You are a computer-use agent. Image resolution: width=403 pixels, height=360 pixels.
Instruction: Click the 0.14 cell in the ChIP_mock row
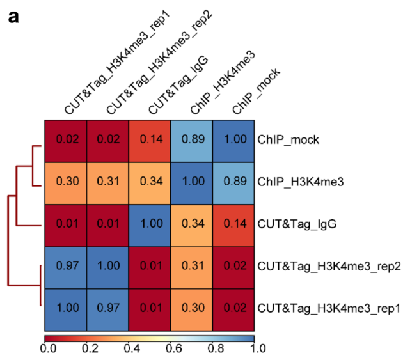click(150, 139)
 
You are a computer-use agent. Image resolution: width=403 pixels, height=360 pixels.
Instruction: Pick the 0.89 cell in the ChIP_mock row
click(192, 139)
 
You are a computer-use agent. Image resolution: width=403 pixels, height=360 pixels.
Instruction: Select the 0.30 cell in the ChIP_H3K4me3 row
click(65, 182)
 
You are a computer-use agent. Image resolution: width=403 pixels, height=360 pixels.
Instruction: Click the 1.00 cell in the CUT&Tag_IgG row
click(150, 224)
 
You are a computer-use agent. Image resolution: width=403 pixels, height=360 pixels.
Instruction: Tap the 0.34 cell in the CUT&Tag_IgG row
click(192, 224)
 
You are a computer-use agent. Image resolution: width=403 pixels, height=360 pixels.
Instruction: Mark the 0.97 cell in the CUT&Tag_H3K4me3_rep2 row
click(65, 266)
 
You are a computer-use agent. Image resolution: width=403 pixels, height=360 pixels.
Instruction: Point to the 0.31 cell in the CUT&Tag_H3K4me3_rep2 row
click(192, 266)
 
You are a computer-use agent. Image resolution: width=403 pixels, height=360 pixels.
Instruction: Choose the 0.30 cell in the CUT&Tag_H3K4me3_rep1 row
click(192, 308)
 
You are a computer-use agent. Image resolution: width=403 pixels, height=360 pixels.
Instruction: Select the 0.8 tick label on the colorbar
click(214, 348)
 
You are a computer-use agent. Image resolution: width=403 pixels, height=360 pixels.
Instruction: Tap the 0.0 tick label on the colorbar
click(46, 348)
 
